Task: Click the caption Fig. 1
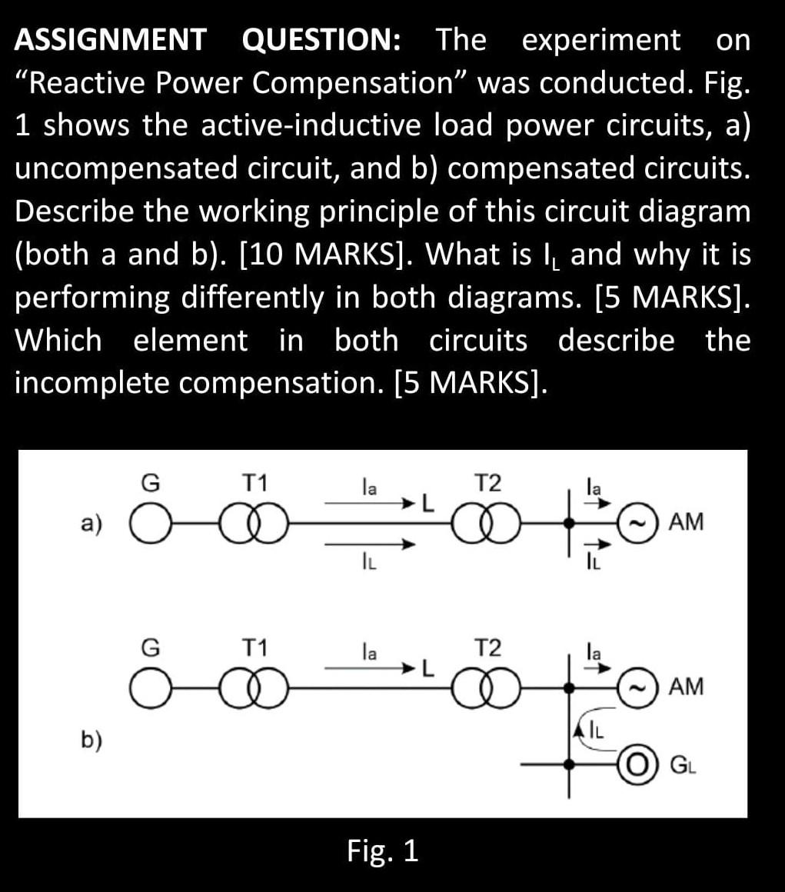(x=382, y=851)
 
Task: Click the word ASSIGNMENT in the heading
(x=110, y=39)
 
